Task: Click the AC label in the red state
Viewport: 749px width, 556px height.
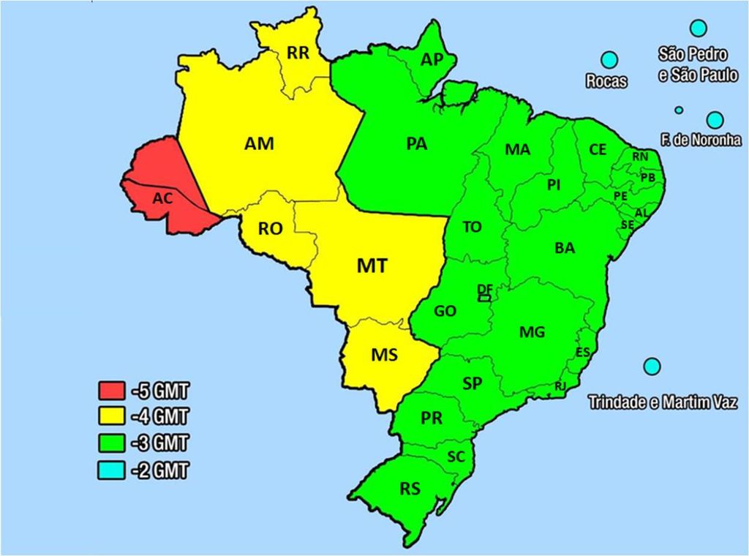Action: click(162, 198)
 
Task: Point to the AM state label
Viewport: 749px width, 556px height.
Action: click(259, 144)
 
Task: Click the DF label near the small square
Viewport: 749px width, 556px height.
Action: click(483, 289)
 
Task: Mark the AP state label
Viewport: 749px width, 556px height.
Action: click(432, 59)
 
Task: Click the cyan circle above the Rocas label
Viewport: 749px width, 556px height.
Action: click(609, 61)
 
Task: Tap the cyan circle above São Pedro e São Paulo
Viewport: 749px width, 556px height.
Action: click(699, 29)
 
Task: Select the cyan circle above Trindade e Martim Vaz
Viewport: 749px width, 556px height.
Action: click(651, 365)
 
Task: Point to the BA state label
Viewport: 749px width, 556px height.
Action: click(565, 248)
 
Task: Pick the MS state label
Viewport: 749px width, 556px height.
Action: click(384, 356)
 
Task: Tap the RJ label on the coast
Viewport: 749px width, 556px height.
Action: click(560, 386)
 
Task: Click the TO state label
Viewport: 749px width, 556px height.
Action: click(473, 227)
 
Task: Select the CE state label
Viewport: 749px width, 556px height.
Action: click(598, 149)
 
